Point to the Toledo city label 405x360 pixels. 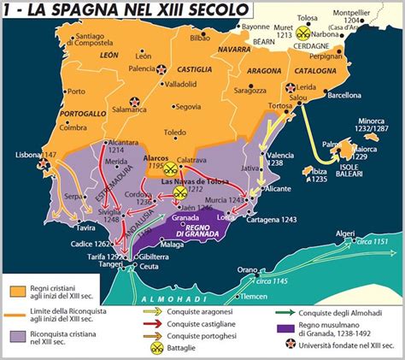click(177, 133)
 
